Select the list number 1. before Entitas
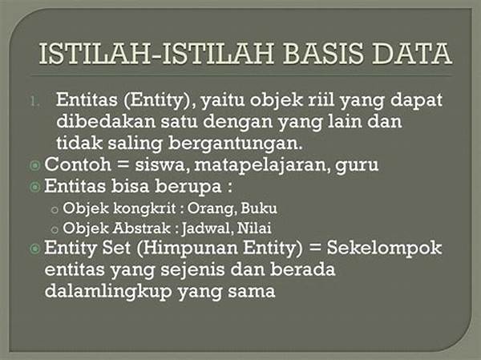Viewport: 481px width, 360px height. [35, 101]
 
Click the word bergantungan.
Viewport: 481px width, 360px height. [236, 144]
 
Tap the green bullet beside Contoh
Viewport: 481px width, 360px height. [34, 165]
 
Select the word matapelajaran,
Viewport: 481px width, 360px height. [262, 165]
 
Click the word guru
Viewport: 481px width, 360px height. [357, 166]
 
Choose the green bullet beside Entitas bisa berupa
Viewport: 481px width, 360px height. [34, 187]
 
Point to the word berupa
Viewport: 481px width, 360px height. [188, 187]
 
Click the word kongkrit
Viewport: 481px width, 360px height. [144, 208]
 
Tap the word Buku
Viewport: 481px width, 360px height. [259, 208]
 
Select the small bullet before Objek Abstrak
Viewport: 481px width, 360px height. [55, 229]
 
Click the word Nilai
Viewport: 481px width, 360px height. [254, 229]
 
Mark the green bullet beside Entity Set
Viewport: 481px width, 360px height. [34, 249]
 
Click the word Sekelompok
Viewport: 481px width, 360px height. [384, 248]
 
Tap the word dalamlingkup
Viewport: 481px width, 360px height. [108, 291]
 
